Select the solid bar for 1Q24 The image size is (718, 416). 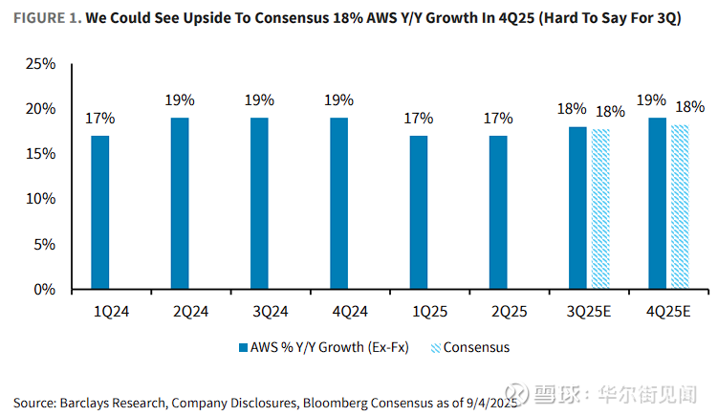coord(100,212)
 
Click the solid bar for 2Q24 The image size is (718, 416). coord(180,203)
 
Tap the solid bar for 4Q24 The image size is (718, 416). coord(338,203)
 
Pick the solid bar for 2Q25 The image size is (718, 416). coord(498,212)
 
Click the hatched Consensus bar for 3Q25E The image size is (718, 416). coord(600,209)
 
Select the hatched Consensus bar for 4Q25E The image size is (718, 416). coord(680,207)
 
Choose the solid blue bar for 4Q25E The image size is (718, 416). coord(657,203)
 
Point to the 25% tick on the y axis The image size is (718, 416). coord(43,64)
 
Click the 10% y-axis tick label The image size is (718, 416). coord(43,199)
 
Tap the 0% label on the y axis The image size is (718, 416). coord(47,289)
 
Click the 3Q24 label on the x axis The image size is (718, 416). coord(259,312)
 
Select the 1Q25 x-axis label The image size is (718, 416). coord(419,312)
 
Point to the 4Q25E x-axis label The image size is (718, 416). coord(668,312)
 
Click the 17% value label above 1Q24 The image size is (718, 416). coord(100,119)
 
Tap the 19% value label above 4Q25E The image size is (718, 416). coord(657,100)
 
